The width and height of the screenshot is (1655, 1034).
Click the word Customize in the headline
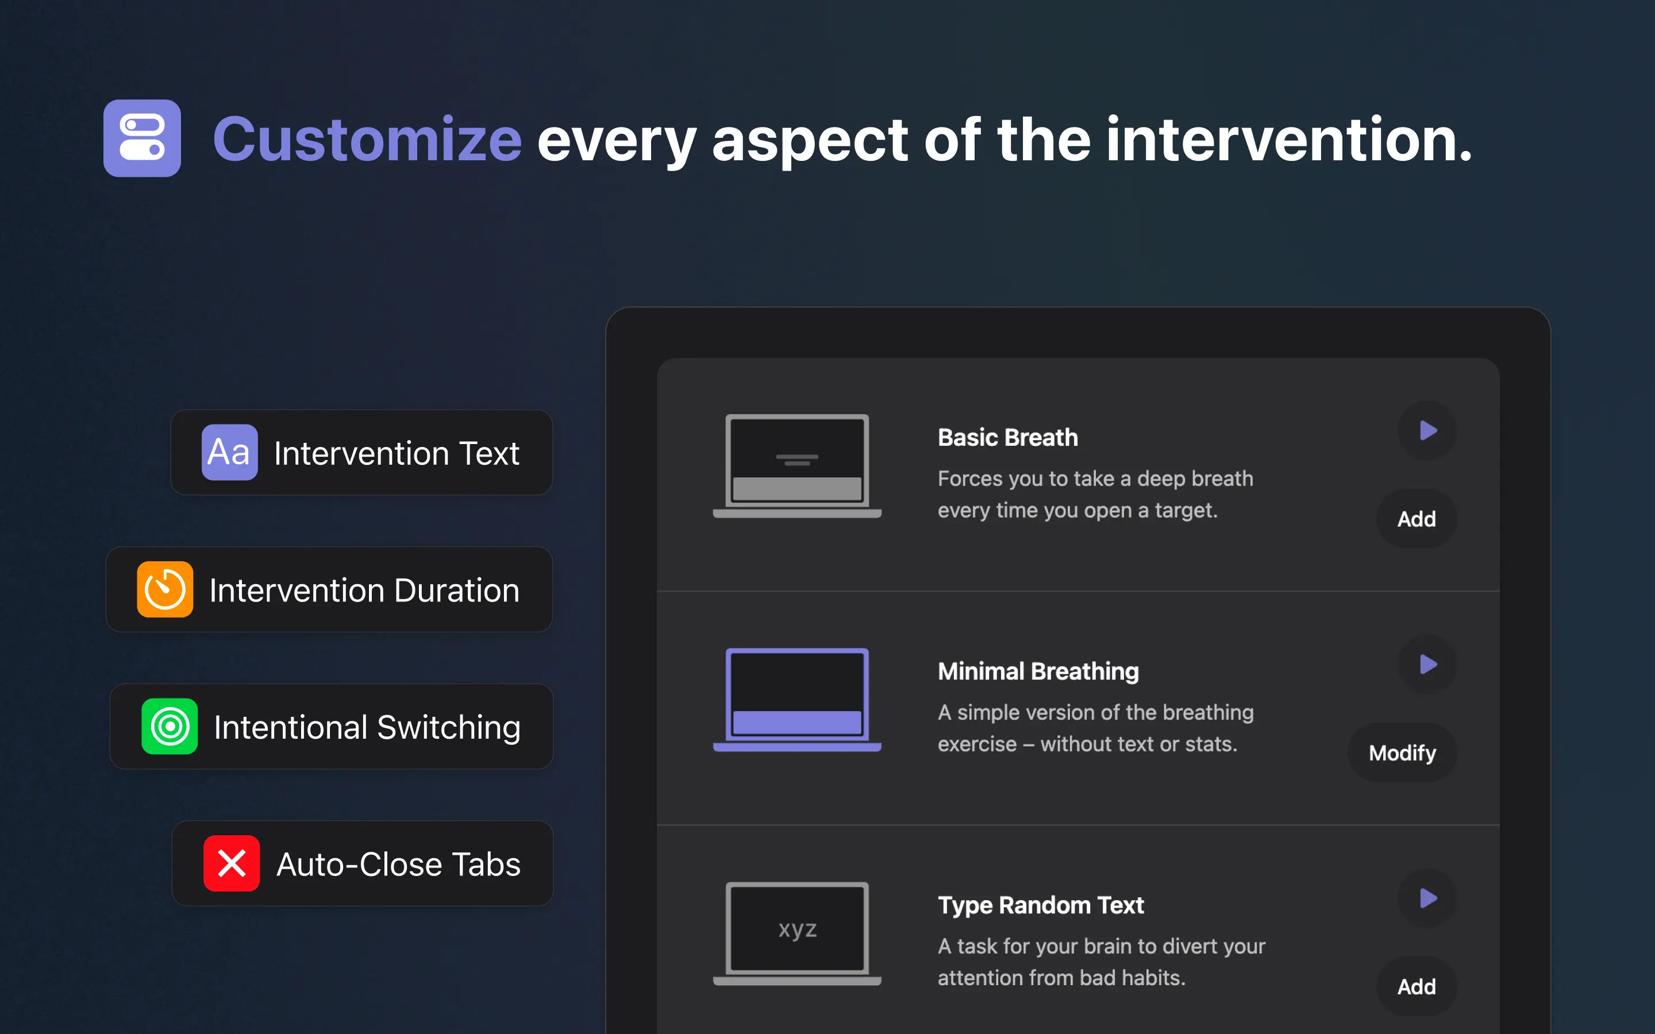point(367,140)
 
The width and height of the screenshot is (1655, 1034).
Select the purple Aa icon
point(230,452)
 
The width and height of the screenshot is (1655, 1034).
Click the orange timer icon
point(165,589)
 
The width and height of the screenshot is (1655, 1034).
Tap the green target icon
point(170,726)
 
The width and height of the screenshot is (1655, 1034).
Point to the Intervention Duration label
point(364,590)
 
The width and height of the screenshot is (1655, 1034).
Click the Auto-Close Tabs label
point(399,865)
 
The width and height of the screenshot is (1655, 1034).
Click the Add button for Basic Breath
point(1417,519)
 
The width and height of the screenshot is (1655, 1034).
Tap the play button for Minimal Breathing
point(1428,664)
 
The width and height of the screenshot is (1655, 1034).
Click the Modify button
point(1402,753)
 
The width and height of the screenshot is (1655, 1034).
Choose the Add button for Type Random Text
point(1417,987)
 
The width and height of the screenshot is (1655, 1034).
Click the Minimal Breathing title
point(1038,672)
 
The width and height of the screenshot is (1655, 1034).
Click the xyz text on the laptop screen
point(798,929)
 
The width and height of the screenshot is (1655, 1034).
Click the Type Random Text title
point(1040,905)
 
